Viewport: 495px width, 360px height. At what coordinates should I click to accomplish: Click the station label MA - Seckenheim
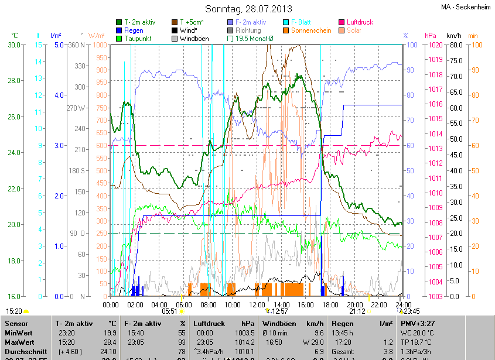(x=465, y=7)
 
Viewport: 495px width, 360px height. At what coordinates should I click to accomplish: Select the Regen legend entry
(x=134, y=30)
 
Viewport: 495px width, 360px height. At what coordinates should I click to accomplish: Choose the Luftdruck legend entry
(x=360, y=22)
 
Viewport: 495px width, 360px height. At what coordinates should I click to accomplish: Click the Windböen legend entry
(x=193, y=39)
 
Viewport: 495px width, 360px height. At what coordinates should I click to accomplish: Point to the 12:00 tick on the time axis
(x=257, y=304)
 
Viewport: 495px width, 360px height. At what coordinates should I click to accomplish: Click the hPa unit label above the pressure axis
(x=431, y=36)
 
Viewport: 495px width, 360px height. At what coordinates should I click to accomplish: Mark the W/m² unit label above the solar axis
(x=97, y=36)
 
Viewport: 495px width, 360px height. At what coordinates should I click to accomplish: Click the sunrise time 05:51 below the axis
(x=169, y=311)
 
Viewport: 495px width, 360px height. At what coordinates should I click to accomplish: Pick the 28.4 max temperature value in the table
(x=108, y=342)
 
